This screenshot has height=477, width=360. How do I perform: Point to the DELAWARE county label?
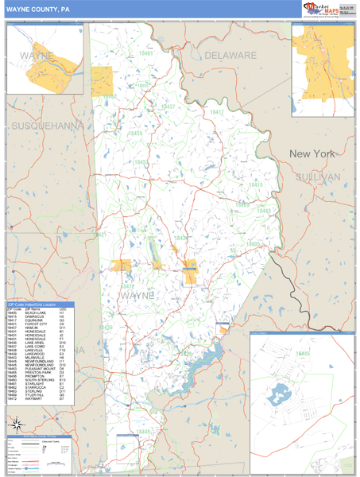(230, 56)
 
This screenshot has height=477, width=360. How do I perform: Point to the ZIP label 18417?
(169, 106)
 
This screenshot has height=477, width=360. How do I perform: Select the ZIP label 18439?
(136, 134)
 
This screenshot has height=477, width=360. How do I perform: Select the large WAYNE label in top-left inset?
(37, 57)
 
